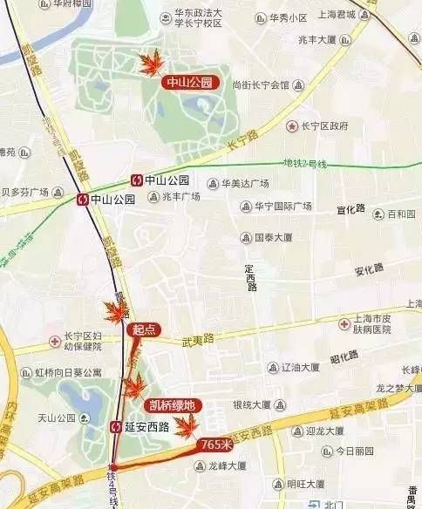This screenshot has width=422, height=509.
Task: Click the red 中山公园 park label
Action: pos(189,83)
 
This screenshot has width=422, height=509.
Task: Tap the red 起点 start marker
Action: pos(142,330)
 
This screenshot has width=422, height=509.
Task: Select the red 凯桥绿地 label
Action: pos(172,404)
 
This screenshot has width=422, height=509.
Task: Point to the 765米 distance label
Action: pos(215,444)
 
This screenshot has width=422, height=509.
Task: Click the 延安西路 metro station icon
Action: pos(117,427)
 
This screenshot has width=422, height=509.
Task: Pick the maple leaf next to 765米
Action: pos(185,425)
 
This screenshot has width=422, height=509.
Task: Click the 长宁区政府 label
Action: pos(330,126)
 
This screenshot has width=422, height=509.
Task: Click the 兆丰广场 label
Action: pos(180,196)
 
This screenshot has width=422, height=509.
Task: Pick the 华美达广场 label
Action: pos(243,183)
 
